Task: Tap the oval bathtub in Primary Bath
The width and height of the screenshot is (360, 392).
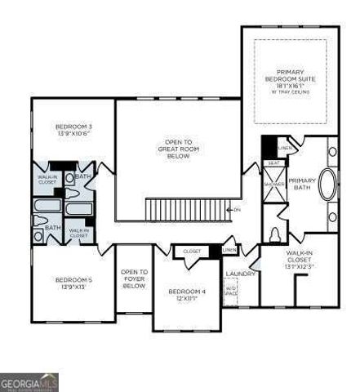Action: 328,185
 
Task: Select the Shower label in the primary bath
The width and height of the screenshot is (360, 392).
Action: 273,184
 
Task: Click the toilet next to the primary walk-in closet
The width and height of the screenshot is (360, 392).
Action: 275,234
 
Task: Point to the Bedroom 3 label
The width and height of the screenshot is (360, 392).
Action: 73,127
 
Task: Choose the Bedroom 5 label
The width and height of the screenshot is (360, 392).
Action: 73,280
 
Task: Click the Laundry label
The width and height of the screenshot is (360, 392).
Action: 240,274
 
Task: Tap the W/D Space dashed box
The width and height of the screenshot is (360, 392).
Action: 232,289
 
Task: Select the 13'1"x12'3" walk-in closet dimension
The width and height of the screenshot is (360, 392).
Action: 298,266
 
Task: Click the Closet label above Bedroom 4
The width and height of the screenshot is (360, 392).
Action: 192,252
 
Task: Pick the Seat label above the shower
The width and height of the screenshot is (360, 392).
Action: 273,163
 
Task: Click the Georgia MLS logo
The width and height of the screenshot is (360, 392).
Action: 29,381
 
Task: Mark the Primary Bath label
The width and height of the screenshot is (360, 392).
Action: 302,184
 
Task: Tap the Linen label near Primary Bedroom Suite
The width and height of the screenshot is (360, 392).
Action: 283,148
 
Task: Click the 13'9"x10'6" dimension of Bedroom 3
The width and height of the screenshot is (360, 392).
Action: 73,135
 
